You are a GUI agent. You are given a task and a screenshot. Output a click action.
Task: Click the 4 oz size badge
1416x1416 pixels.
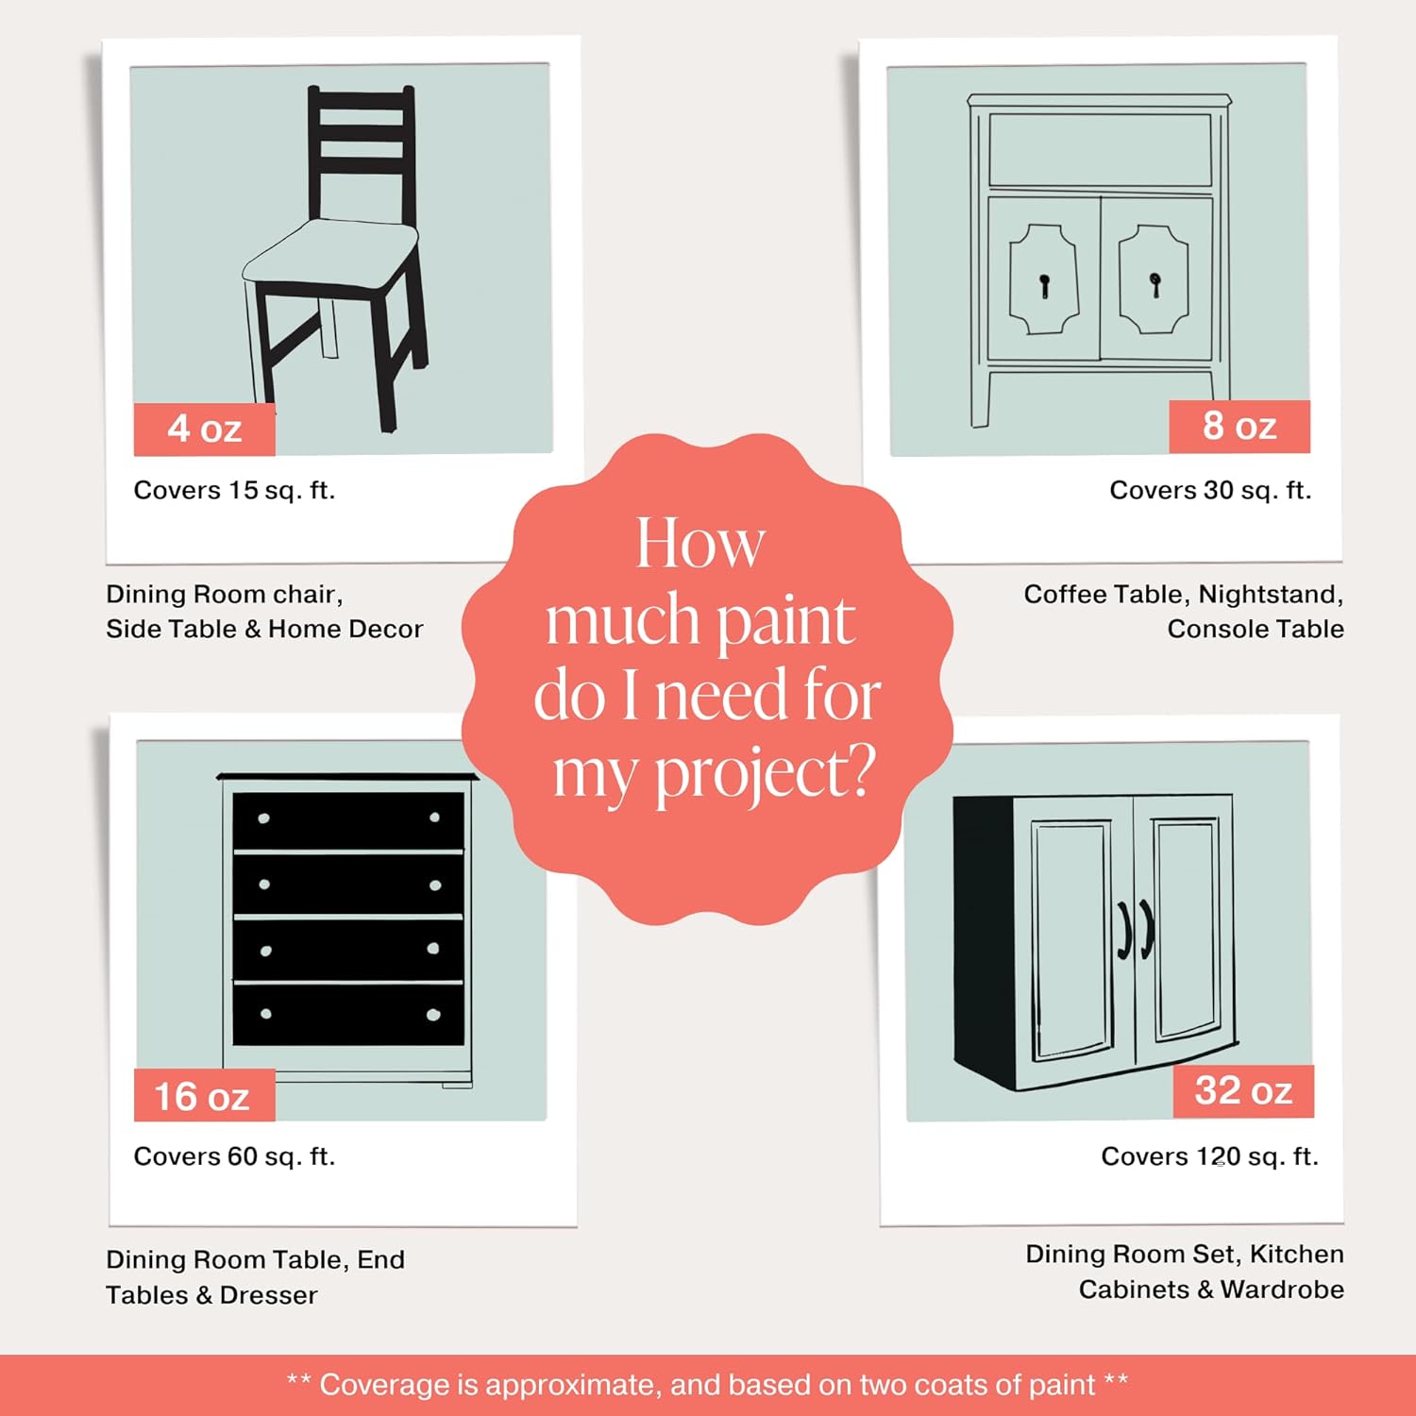click(x=205, y=430)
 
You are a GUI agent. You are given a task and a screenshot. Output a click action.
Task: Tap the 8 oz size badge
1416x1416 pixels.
click(x=1239, y=427)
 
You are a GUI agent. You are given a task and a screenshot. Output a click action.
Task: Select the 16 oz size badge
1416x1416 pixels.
click(x=203, y=1096)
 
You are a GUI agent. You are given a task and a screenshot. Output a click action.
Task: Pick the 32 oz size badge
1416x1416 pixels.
click(x=1242, y=1091)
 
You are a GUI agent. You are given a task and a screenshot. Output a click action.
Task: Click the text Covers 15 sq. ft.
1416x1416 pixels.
click(x=234, y=490)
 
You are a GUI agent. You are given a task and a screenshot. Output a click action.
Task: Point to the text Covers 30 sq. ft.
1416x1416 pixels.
click(x=1209, y=490)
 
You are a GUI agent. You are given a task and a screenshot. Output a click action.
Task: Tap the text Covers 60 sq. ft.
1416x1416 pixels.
click(x=234, y=1156)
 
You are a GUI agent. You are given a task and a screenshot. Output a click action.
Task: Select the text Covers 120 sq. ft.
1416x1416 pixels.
click(x=1209, y=1156)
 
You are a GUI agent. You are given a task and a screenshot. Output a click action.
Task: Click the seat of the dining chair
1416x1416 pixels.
click(x=330, y=253)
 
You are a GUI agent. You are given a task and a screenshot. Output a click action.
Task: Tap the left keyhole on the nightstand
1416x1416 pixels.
click(x=1044, y=283)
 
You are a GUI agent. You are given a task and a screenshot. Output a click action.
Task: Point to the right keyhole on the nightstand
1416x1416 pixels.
click(x=1155, y=282)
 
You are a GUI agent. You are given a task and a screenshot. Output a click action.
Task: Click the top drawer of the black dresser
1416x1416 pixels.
click(x=348, y=819)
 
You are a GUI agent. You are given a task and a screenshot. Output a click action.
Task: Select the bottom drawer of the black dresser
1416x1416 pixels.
click(x=348, y=1015)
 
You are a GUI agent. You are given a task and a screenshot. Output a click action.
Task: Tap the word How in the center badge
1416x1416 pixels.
click(x=700, y=544)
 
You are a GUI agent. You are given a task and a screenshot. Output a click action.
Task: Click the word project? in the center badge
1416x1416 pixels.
click(x=764, y=774)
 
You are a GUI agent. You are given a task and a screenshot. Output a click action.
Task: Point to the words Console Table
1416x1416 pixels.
click(x=1255, y=629)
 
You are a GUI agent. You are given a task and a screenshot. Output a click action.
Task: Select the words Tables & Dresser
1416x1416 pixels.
click(x=211, y=1295)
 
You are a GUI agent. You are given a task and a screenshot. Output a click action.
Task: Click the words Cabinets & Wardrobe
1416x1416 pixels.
click(x=1210, y=1290)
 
